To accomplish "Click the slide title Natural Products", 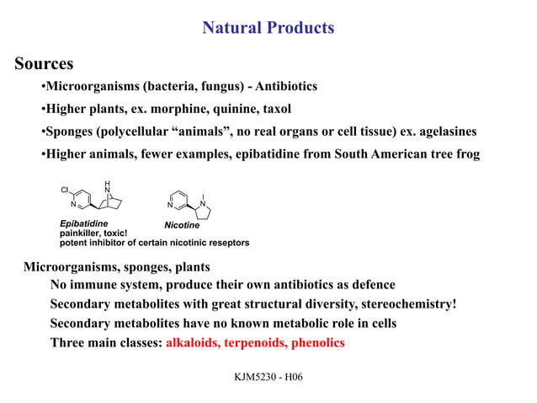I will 268,28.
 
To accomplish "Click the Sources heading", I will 43,64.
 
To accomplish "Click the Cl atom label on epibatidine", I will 65,190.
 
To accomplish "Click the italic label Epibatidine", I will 83,223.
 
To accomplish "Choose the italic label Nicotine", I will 181,225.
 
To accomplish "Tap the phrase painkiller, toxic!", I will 93,233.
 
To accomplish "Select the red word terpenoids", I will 262,343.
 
